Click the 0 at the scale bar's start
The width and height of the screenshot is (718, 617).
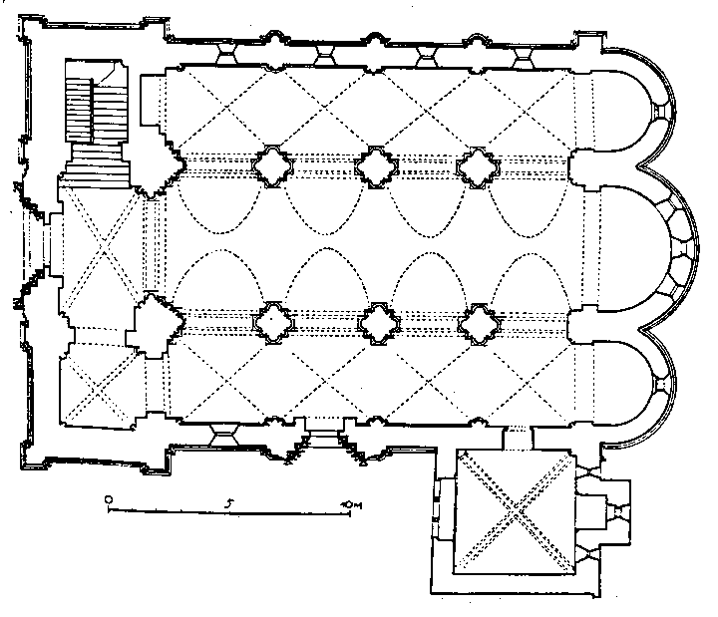pos(109,496)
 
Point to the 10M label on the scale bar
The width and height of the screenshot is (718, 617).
pos(348,504)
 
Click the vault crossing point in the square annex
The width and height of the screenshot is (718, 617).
pos(512,512)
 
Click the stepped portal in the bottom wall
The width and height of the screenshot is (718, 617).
pos(322,440)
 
